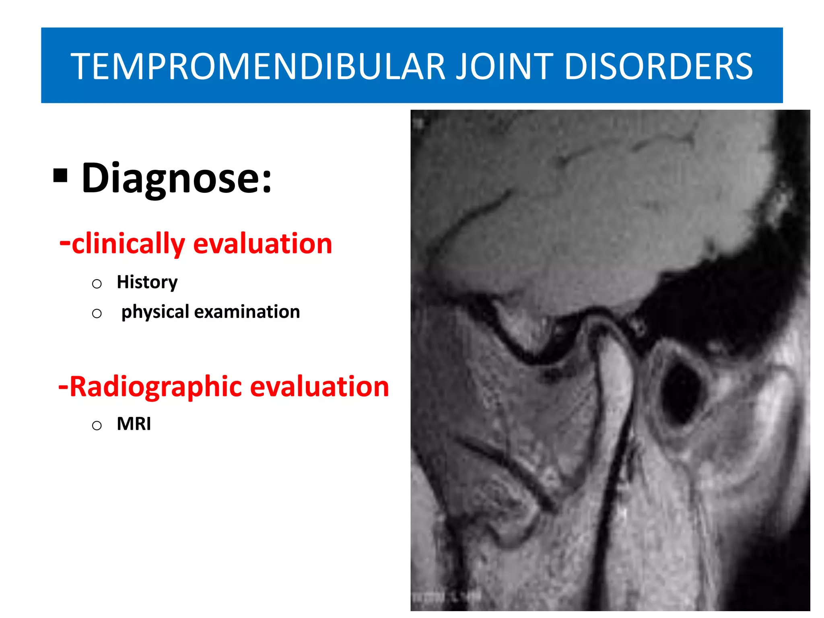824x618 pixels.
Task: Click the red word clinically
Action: tap(128, 244)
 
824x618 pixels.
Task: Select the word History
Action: tap(147, 282)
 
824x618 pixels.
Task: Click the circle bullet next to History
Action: tap(97, 284)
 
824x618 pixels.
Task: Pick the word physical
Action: tap(155, 312)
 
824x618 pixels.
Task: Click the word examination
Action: tap(247, 312)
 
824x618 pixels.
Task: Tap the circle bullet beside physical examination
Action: tap(97, 313)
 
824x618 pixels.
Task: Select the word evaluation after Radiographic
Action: tap(319, 387)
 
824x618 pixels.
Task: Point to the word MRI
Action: tap(134, 424)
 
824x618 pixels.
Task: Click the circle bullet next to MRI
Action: tap(97, 425)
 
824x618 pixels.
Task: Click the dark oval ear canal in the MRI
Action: tap(680, 392)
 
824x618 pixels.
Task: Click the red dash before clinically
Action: tap(64, 243)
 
